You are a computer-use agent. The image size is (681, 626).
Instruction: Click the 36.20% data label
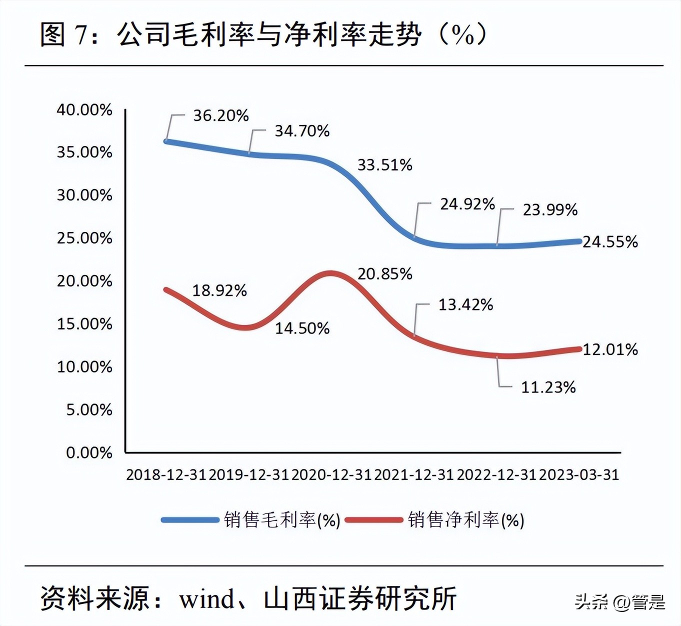pos(221,115)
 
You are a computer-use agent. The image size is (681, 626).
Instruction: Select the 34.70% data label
pos(302,131)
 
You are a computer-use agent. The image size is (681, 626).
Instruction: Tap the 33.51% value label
pos(384,164)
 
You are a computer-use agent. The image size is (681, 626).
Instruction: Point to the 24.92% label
pos(467,204)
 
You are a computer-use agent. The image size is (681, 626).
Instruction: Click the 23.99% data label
pos(550,209)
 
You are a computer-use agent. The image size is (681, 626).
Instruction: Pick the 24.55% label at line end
pos(610,242)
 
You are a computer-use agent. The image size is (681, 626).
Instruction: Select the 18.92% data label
pos(219,290)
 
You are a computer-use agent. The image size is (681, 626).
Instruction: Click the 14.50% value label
pos(302,328)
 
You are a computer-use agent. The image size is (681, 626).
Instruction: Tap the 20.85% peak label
pos(384,273)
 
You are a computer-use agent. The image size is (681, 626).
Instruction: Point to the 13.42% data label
pos(465,304)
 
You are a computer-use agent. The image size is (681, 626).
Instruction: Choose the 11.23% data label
pos(548,387)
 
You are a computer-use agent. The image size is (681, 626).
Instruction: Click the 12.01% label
pos(610,349)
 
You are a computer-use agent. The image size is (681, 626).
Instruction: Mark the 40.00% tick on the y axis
pos(84,109)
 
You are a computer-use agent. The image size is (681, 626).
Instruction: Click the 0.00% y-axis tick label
pos(89,452)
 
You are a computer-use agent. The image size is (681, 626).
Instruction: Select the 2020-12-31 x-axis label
pos(331,474)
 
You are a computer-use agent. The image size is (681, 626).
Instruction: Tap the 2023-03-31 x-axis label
pos(579,474)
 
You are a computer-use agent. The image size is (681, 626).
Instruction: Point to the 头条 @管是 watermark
pos(619,601)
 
